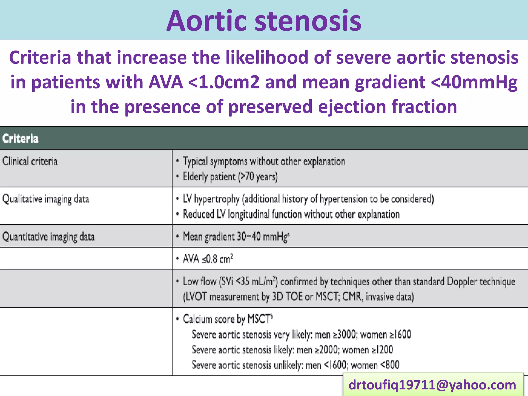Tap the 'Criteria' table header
tap(20, 138)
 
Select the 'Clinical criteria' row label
tap(30, 161)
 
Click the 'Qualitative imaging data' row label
tap(46, 199)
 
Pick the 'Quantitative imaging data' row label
tap(48, 237)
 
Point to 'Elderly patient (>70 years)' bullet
tap(230, 177)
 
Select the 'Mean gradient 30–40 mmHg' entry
tap(236, 237)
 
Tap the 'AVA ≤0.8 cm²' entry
tap(208, 259)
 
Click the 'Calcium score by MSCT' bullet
tap(227, 319)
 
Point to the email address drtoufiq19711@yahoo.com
tap(432, 385)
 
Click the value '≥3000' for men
tap(345, 335)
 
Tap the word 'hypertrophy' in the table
tap(217, 199)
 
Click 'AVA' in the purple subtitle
tap(166, 82)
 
